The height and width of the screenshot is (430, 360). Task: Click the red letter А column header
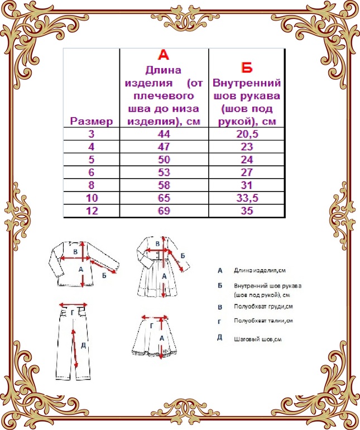coord(164,55)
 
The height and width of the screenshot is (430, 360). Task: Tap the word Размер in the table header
coord(92,121)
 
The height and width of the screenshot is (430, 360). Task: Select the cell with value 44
coord(164,134)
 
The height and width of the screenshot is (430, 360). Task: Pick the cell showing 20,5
coord(246,134)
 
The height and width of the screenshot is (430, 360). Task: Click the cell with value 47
coord(164,147)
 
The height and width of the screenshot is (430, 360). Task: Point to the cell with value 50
coord(164,160)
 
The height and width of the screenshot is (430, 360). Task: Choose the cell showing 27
coord(246,173)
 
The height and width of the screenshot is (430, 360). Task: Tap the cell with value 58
coord(164,185)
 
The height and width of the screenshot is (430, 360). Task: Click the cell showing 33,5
coord(246,198)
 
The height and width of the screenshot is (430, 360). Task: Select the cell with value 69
coord(164,211)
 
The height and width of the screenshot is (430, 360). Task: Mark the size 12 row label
coord(92,211)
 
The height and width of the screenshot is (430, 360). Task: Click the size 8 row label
coord(92,185)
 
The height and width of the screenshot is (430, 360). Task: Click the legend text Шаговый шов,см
coord(257,338)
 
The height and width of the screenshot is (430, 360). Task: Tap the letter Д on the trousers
coord(83,345)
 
